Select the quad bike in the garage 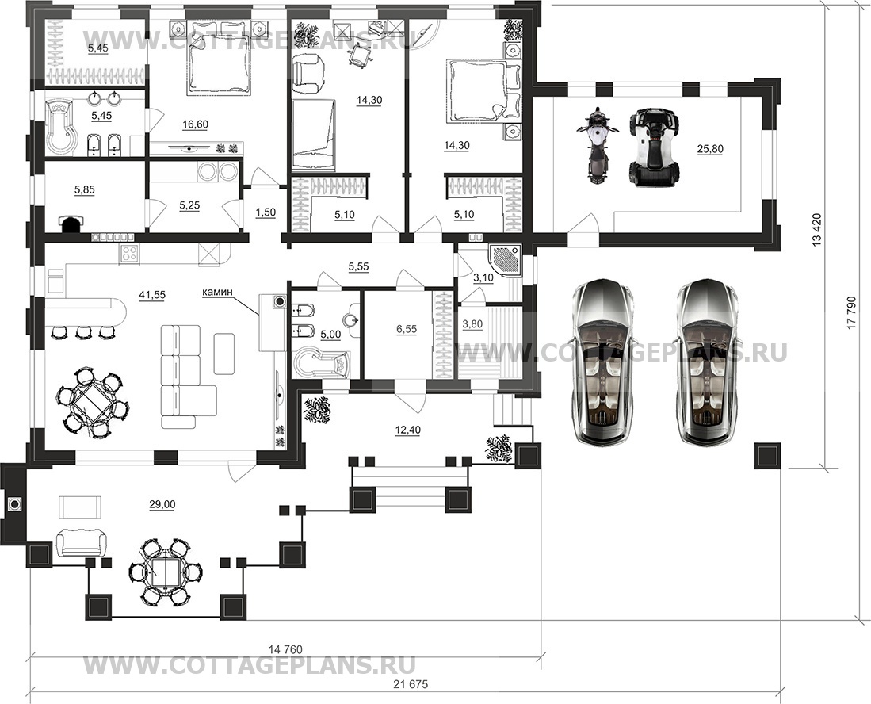click(655, 147)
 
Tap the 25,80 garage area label click(709, 149)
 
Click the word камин click(217, 291)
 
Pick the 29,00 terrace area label click(162, 504)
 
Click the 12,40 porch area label click(408, 429)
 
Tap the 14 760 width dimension click(285, 649)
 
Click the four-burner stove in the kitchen click(129, 254)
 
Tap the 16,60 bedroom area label click(195, 124)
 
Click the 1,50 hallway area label click(266, 212)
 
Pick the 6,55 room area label click(407, 329)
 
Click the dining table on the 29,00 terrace click(166, 572)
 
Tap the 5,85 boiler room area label click(85, 190)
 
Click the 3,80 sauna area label click(472, 324)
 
